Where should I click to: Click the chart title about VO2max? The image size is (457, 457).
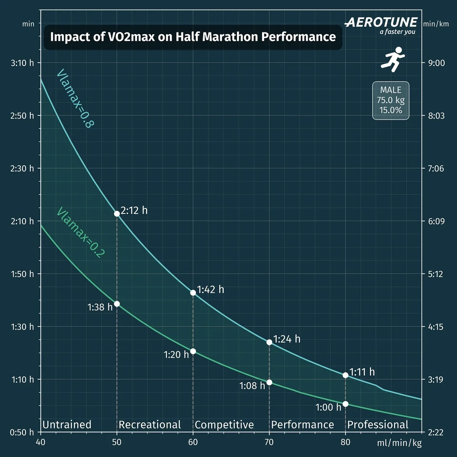click(193, 37)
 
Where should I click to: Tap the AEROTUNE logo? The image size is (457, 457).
click(381, 23)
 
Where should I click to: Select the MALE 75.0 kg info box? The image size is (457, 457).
click(391, 100)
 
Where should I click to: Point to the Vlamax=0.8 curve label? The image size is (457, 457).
click(75, 98)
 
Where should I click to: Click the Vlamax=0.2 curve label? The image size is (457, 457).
click(81, 232)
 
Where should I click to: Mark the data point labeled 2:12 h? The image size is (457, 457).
click(117, 214)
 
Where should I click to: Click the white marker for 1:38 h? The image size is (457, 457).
click(117, 304)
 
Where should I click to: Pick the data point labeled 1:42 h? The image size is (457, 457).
click(193, 293)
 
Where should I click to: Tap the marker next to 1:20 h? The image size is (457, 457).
click(193, 351)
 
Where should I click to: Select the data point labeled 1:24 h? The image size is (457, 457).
click(270, 342)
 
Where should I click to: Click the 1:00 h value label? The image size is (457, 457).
click(328, 407)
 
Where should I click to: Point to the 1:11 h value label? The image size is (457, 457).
click(362, 372)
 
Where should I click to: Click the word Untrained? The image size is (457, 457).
click(67, 425)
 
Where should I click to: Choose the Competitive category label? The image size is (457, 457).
click(224, 425)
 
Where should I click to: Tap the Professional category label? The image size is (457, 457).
click(378, 425)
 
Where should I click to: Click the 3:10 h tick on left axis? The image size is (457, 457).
click(22, 63)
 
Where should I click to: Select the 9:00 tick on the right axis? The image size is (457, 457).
click(436, 63)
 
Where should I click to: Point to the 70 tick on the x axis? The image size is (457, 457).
click(269, 442)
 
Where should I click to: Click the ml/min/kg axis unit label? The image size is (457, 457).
click(399, 443)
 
